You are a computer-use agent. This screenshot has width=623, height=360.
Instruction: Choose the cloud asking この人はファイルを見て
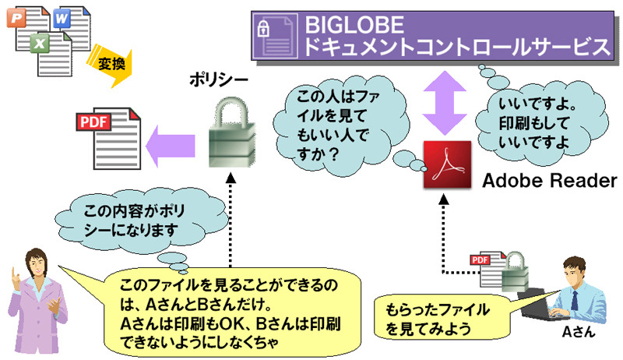tap(340, 125)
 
